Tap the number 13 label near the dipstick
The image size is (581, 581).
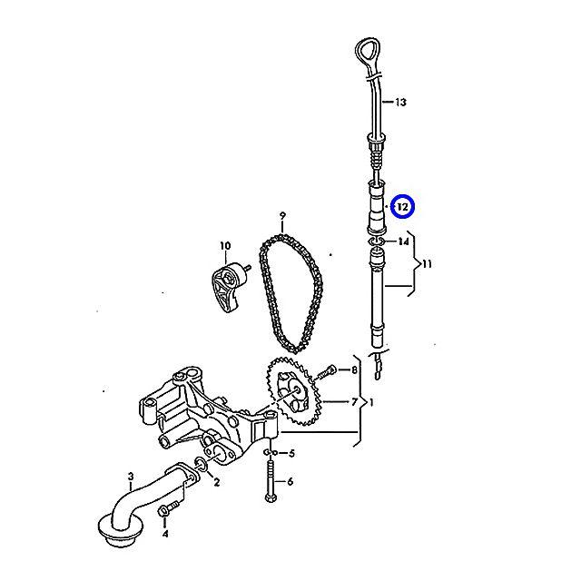click(x=403, y=103)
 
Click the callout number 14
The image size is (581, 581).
click(x=403, y=242)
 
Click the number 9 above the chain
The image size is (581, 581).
click(x=282, y=216)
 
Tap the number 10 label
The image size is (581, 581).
click(x=225, y=245)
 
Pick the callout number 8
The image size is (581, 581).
click(x=355, y=369)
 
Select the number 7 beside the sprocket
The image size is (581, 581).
click(x=354, y=401)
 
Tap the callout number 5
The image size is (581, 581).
click(x=291, y=452)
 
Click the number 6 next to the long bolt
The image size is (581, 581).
click(x=291, y=483)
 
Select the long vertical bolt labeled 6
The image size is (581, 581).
click(x=270, y=481)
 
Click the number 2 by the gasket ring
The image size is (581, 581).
click(x=216, y=482)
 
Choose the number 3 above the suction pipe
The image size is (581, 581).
click(x=131, y=476)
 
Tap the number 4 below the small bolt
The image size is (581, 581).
click(x=164, y=534)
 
